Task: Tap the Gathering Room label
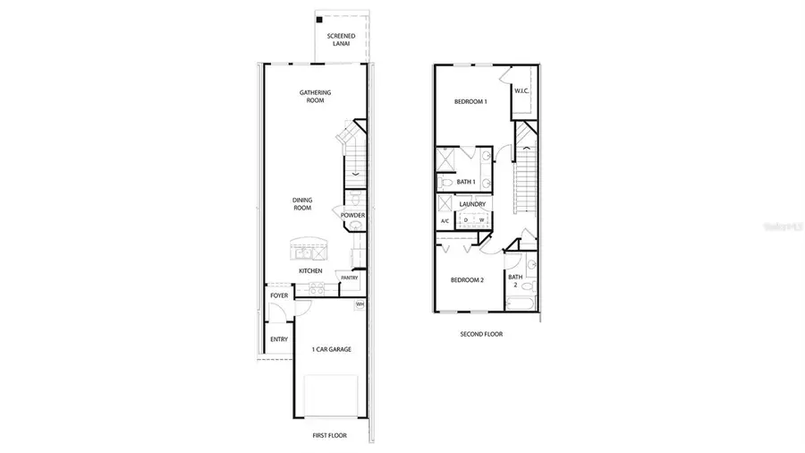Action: [x=314, y=97]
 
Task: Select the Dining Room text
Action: [x=301, y=204]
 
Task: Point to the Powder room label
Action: [x=352, y=215]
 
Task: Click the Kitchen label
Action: [x=310, y=271]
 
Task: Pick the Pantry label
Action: [x=349, y=278]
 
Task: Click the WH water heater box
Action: [x=360, y=304]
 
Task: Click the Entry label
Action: [x=279, y=339]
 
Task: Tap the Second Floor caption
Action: [x=481, y=334]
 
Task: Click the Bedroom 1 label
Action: [x=470, y=102]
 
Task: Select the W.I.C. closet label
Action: [x=522, y=90]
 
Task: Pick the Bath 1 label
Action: [x=465, y=182]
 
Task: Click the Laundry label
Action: [x=472, y=204]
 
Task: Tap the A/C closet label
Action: [x=445, y=221]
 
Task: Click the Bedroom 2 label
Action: [x=467, y=280]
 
